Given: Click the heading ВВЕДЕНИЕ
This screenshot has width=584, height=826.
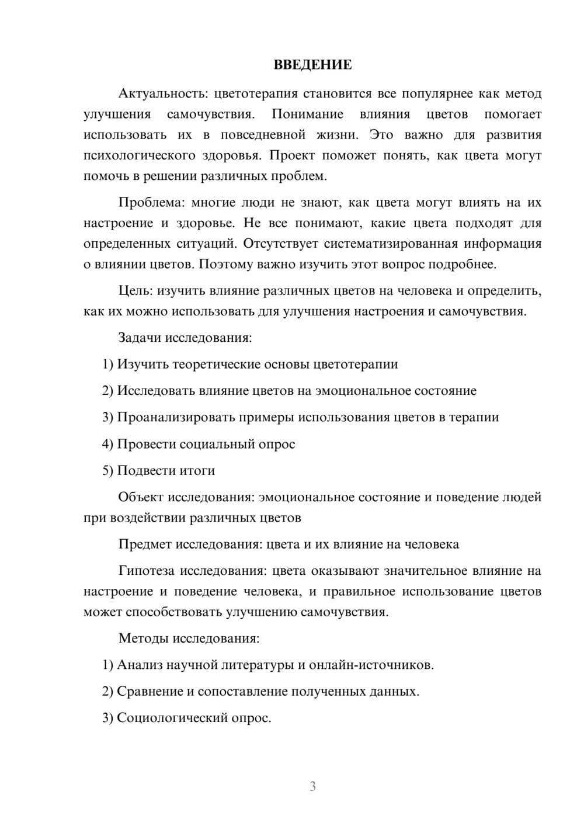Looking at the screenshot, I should pyautogui.click(x=312, y=65).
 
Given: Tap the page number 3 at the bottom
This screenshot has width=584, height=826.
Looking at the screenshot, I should pyautogui.click(x=312, y=786).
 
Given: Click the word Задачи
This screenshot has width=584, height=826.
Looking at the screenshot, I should pyautogui.click(x=140, y=338).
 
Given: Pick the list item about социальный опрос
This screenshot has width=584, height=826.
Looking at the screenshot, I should pyautogui.click(x=199, y=444).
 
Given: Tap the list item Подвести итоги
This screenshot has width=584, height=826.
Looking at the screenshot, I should pyautogui.click(x=159, y=470).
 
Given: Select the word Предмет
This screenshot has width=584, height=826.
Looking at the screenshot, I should pyautogui.click(x=144, y=544).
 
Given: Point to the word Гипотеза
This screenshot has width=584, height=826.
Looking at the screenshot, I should pyautogui.click(x=146, y=571).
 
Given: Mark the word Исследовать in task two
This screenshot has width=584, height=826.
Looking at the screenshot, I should pyautogui.click(x=156, y=391).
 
